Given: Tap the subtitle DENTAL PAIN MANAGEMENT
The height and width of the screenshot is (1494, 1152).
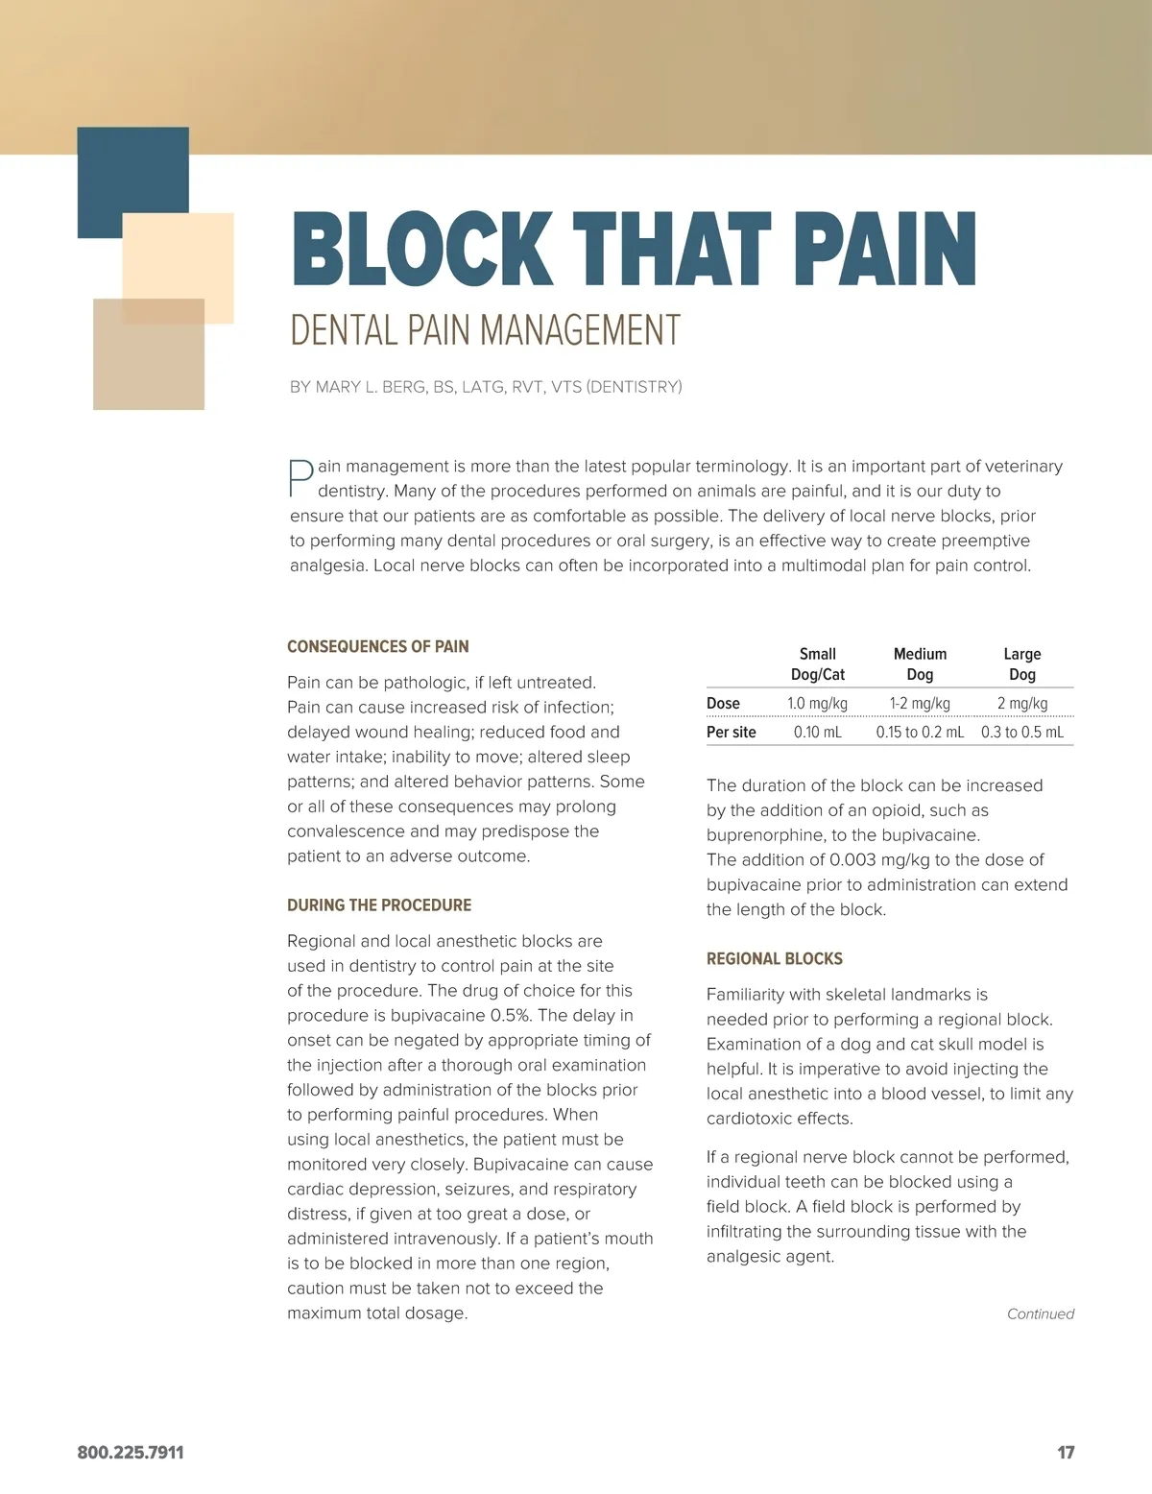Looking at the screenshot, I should tap(485, 330).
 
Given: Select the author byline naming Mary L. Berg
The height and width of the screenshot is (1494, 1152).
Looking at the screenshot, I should tap(486, 387).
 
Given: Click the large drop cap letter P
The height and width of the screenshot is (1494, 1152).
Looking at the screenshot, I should tap(301, 478).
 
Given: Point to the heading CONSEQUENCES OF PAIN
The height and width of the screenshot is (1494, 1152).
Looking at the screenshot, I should tap(377, 647).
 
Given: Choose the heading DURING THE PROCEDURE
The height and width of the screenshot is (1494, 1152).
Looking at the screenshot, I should tap(379, 905).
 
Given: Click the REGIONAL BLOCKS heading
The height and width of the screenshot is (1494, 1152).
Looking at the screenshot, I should tap(774, 959).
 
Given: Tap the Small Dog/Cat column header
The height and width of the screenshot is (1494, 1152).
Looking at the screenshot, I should tap(817, 664).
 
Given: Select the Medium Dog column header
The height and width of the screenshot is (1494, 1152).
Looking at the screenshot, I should tap(920, 664).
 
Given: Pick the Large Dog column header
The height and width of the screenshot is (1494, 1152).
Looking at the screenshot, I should tap(1021, 664).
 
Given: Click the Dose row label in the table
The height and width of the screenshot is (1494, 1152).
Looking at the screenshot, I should tap(723, 704).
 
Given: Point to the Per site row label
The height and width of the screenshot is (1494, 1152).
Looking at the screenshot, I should tap(731, 733).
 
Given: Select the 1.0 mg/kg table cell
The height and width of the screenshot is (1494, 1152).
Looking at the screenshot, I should tap(817, 704).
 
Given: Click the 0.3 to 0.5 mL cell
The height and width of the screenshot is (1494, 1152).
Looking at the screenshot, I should tap(1021, 733).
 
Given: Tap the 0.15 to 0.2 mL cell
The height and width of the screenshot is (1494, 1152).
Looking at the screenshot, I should tap(920, 733).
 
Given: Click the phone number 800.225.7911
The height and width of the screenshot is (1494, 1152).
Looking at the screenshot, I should tap(131, 1453).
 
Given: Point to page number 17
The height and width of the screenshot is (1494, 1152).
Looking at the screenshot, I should tap(1066, 1453).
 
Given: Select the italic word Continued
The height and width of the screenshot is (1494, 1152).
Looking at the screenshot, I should tap(1040, 1314).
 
